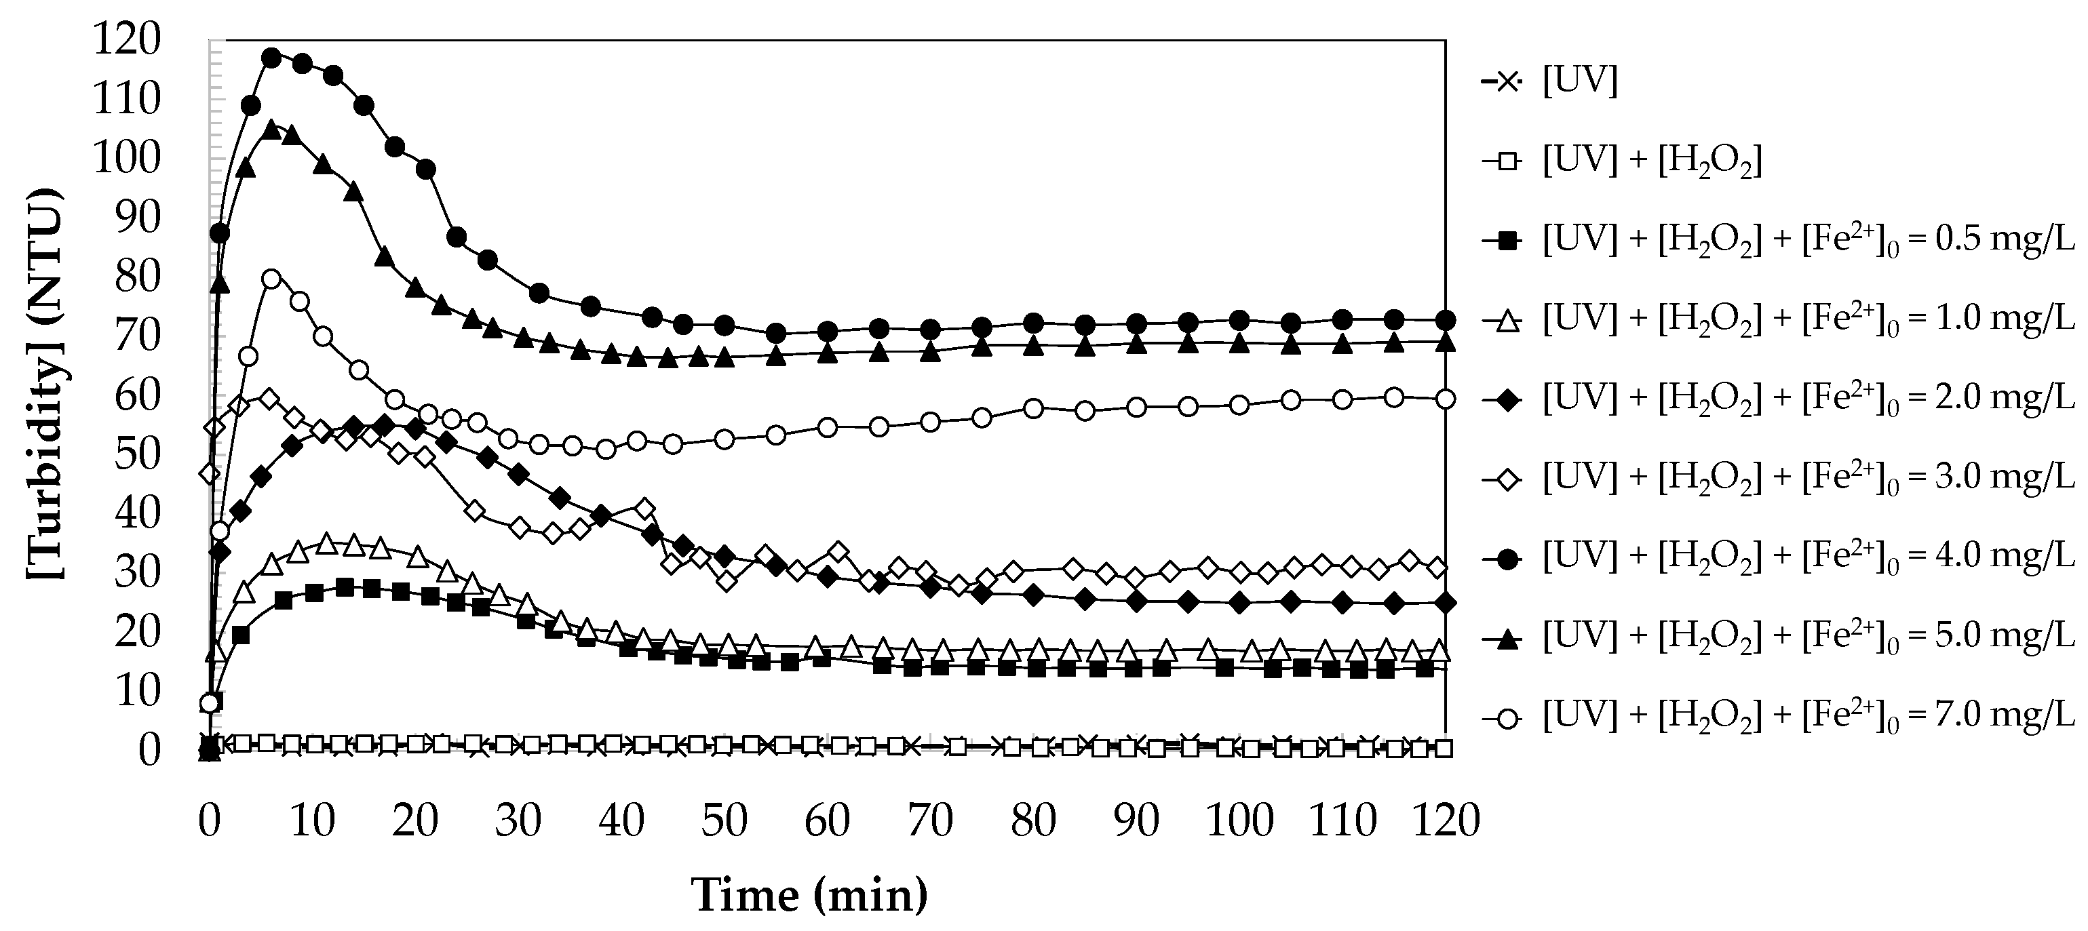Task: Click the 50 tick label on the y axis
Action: tap(137, 453)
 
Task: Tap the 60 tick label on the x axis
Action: tap(827, 820)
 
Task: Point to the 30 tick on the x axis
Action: tap(518, 820)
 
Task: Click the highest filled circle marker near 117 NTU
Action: tap(271, 58)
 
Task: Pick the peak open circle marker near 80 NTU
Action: tap(271, 279)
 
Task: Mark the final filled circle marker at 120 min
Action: tap(1445, 319)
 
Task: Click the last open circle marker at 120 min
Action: tap(1445, 399)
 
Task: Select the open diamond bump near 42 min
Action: tap(644, 509)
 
